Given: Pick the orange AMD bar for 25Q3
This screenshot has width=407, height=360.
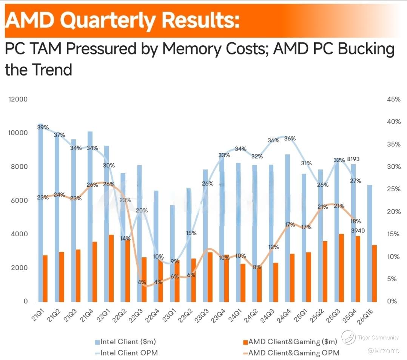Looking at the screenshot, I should tap(341, 268).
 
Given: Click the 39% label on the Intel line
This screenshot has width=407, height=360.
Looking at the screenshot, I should tap(43, 128).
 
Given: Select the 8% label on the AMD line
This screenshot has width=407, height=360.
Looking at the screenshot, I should tap(257, 267).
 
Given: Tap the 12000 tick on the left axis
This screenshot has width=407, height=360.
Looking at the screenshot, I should tap(18, 99).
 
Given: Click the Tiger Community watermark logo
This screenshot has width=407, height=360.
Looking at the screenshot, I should tap(348, 337).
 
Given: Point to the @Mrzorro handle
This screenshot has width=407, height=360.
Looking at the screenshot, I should tap(383, 351).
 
